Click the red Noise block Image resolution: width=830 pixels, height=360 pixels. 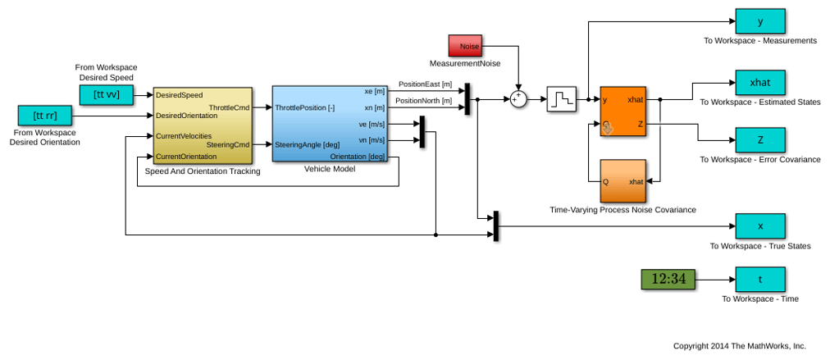pyautogui.click(x=465, y=46)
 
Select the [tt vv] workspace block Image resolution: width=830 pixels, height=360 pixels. pyautogui.click(x=107, y=95)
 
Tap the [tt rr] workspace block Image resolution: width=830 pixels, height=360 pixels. pyautogui.click(x=44, y=116)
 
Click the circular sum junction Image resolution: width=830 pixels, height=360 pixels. pyautogui.click(x=518, y=99)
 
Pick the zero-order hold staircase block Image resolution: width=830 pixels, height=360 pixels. pyautogui.click(x=562, y=99)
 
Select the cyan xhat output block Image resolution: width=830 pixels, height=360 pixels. pyautogui.click(x=760, y=83)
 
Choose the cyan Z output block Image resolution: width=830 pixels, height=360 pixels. pyautogui.click(x=760, y=140)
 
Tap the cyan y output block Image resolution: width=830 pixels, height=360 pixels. pyautogui.click(x=760, y=21)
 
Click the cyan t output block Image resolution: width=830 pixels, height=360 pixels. pyautogui.click(x=760, y=279)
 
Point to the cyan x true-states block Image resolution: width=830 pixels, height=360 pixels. pyautogui.click(x=760, y=226)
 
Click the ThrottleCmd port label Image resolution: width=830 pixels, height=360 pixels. pyautogui.click(x=229, y=107)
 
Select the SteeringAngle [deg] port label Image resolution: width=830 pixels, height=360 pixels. pyautogui.click(x=307, y=144)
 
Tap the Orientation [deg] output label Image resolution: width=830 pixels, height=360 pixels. pyautogui.click(x=358, y=157)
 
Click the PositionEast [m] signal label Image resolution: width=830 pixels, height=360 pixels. pyautogui.click(x=425, y=84)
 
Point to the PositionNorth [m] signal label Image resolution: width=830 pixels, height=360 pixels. pyautogui.click(x=425, y=101)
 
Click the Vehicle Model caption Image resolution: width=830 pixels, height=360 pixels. pyautogui.click(x=329, y=169)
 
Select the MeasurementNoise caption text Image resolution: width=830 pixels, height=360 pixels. pyautogui.click(x=465, y=64)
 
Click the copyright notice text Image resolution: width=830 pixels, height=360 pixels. pyautogui.click(x=740, y=346)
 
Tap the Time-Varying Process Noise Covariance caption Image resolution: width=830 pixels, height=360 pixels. pyautogui.click(x=622, y=210)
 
